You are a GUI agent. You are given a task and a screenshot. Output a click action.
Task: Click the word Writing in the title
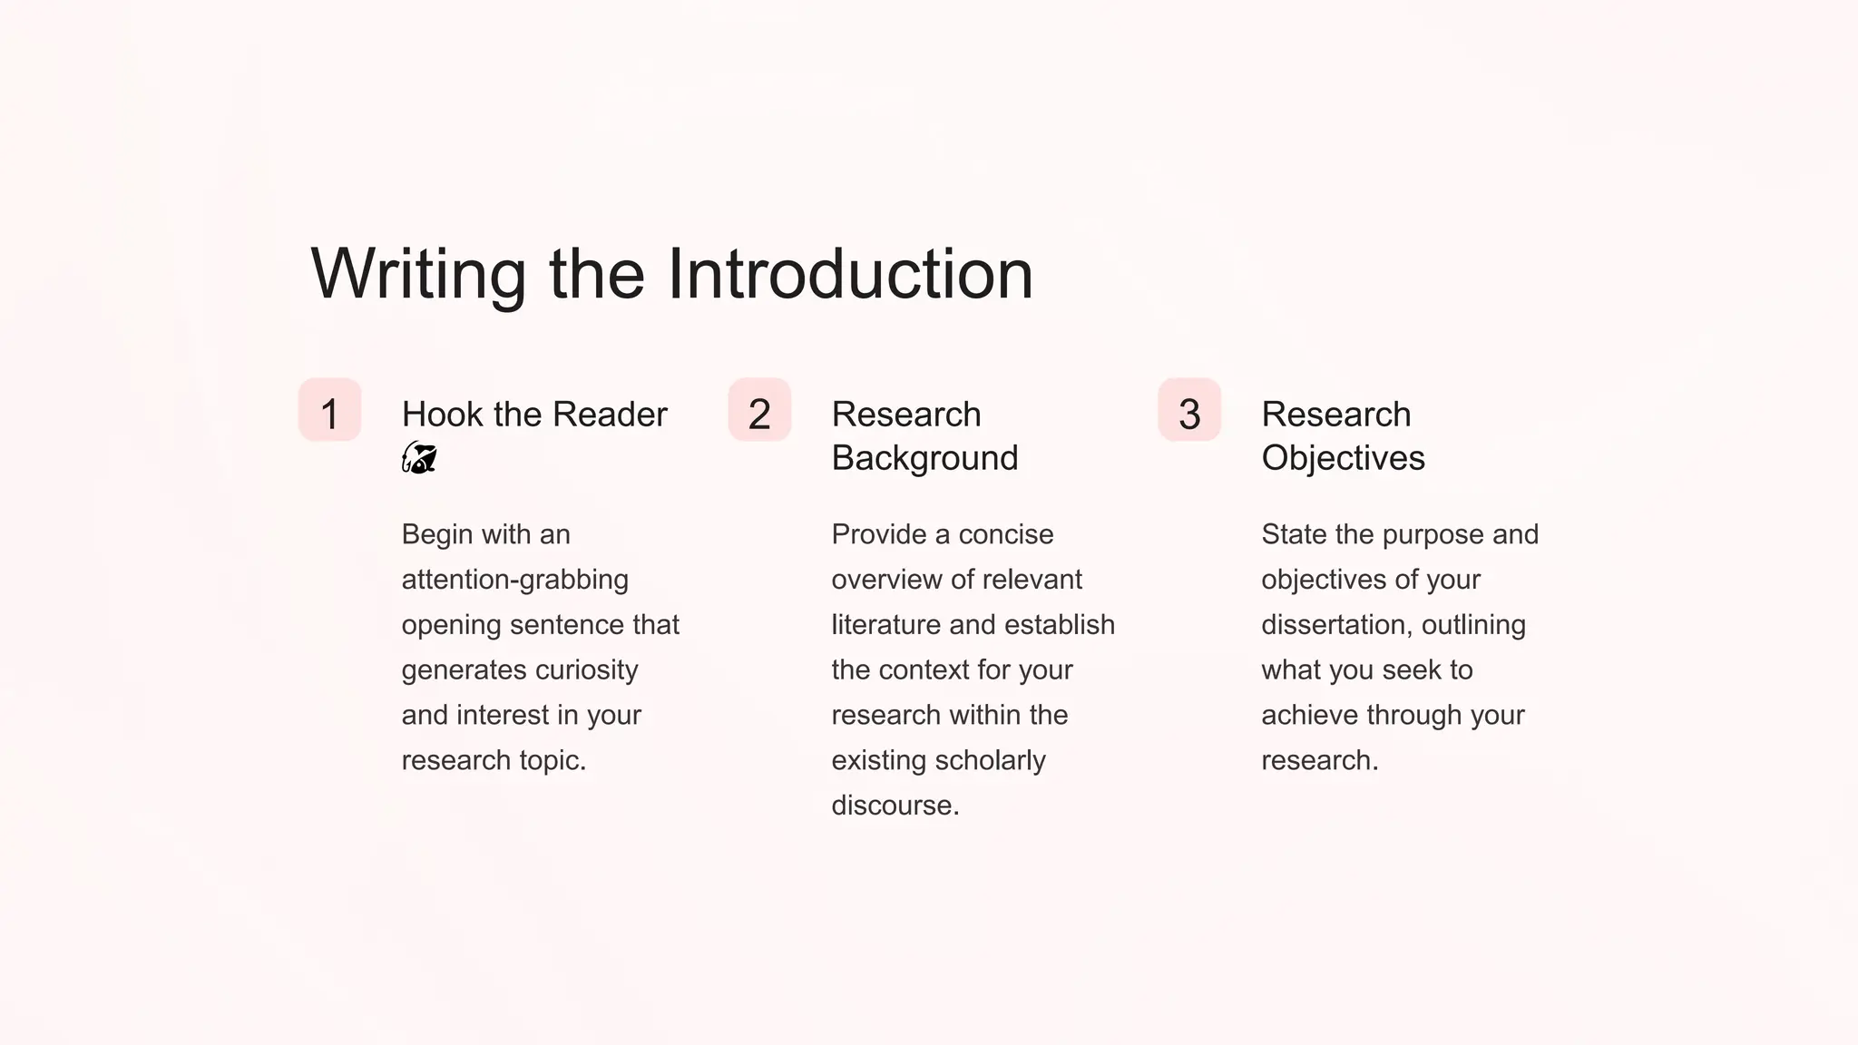(x=418, y=274)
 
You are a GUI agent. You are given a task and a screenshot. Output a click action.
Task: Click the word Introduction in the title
(x=850, y=274)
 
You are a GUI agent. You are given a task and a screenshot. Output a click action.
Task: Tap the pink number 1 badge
(x=330, y=411)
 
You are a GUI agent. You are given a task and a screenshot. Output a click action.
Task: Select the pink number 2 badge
(x=760, y=411)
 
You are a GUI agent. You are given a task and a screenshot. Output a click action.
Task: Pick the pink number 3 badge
(x=1189, y=411)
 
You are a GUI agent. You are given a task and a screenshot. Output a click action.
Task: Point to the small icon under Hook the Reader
(x=419, y=458)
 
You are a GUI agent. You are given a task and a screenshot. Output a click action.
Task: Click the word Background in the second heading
(x=924, y=458)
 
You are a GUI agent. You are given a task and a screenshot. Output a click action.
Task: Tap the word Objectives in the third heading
(x=1343, y=458)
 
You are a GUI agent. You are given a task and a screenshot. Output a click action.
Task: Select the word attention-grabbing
(x=514, y=580)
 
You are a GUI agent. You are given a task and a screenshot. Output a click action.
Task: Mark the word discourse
(x=895, y=806)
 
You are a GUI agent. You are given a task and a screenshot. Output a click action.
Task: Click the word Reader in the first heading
(x=610, y=415)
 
